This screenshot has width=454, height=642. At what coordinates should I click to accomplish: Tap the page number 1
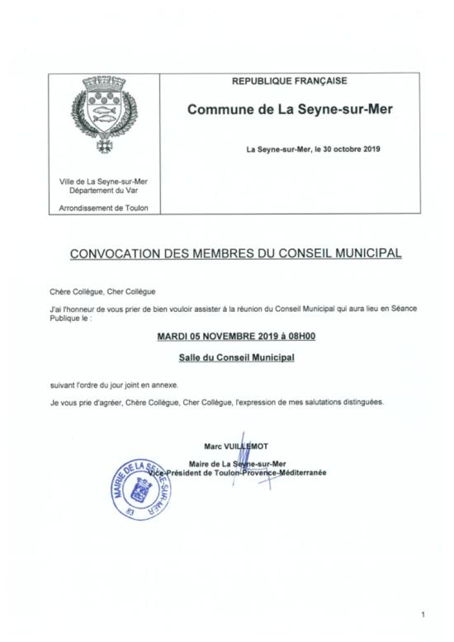click(x=423, y=614)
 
